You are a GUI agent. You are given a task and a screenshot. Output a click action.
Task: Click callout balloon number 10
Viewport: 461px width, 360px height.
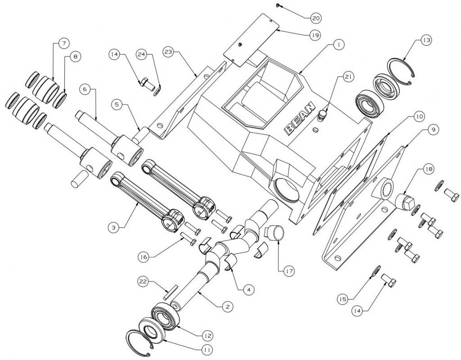coord(419,116)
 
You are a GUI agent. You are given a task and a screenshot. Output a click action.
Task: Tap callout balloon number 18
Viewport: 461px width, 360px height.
coord(428,170)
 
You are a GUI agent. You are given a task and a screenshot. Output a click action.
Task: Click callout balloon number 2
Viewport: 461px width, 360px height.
coord(228,306)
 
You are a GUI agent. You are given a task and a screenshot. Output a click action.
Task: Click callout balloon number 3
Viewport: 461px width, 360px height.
coord(114,228)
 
